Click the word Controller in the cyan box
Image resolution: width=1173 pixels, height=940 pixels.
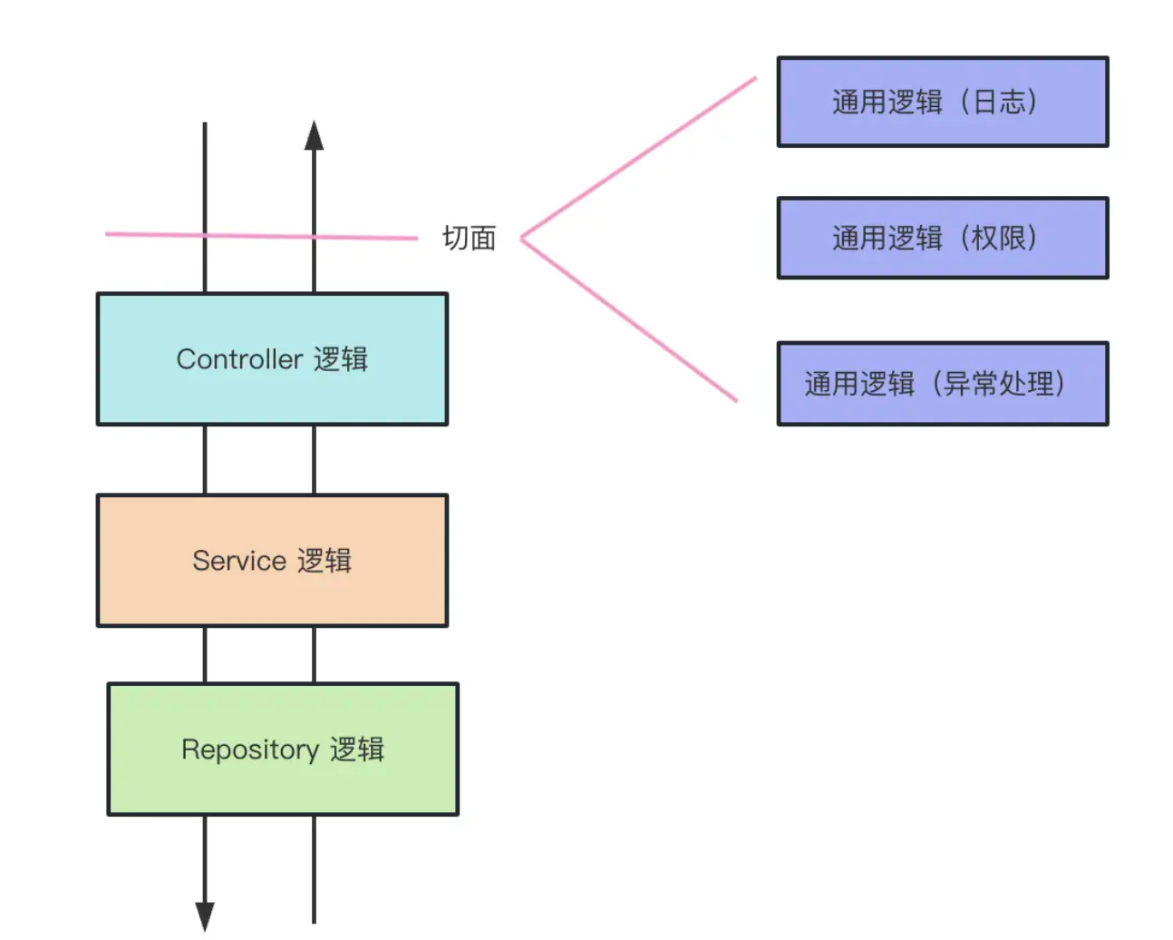[x=239, y=359]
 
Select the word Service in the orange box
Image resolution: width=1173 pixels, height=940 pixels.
[x=239, y=561]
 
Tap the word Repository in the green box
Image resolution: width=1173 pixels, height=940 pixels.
[x=250, y=749]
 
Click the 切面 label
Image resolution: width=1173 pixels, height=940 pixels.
[x=469, y=238]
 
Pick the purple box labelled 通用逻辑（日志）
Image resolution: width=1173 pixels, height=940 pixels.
[x=943, y=102]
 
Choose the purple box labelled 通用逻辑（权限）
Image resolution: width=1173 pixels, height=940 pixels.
[x=943, y=238]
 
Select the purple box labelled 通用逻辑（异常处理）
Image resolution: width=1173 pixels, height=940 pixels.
[x=943, y=383]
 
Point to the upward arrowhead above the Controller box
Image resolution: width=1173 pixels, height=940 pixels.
[x=314, y=135]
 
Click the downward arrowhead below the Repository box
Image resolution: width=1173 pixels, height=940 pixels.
[x=205, y=915]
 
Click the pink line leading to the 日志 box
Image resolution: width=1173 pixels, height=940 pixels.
[x=639, y=158]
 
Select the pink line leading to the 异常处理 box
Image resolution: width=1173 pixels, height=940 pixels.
[x=630, y=320]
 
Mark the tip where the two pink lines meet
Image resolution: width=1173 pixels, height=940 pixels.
[x=522, y=239]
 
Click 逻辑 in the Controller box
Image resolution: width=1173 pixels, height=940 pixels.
[x=341, y=359]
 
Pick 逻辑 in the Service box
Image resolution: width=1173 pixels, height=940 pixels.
[x=325, y=561]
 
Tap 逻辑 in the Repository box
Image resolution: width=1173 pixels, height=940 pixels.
[x=357, y=749]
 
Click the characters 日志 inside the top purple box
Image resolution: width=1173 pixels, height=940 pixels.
[x=999, y=102]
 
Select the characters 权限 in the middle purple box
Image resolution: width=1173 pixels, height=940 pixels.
[x=999, y=238]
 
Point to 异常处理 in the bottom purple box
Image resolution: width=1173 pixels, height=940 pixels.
[x=999, y=383]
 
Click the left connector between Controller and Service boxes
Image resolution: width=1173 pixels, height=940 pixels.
[x=205, y=460]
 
